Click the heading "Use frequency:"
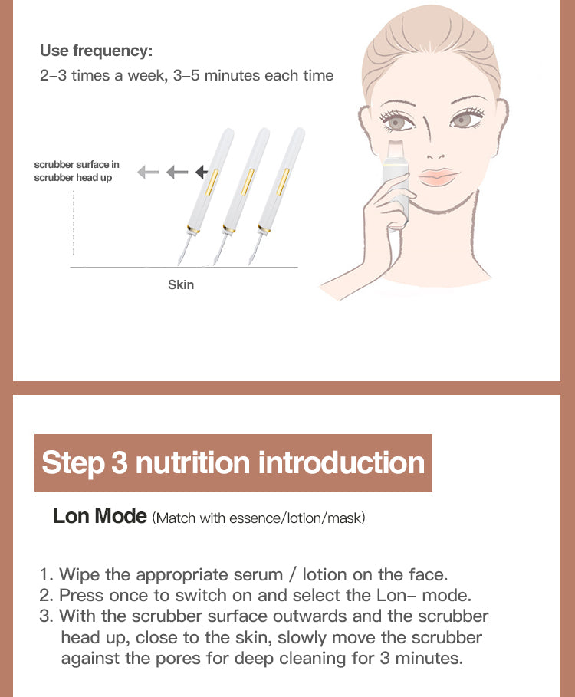point(97,51)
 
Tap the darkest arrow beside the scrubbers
point(202,172)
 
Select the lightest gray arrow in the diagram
point(148,172)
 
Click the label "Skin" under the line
point(181,284)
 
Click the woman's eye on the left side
point(397,121)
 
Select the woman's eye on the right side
point(462,120)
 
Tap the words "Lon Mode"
point(100,516)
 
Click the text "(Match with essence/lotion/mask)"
point(259,518)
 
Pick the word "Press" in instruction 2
point(81,595)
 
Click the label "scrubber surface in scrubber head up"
point(77,171)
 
